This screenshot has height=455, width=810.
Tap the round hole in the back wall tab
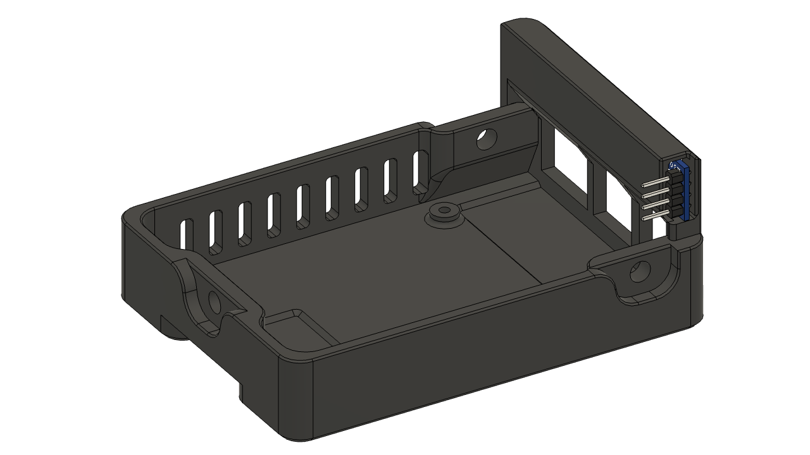(486, 138)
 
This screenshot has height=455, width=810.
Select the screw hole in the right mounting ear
(640, 272)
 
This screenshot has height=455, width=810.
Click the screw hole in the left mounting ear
(214, 303)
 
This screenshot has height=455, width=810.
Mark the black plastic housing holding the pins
(673, 199)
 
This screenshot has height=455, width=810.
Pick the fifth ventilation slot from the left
(302, 207)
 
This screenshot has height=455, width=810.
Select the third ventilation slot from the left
(244, 222)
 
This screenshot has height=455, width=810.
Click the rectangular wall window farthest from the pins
(568, 158)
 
